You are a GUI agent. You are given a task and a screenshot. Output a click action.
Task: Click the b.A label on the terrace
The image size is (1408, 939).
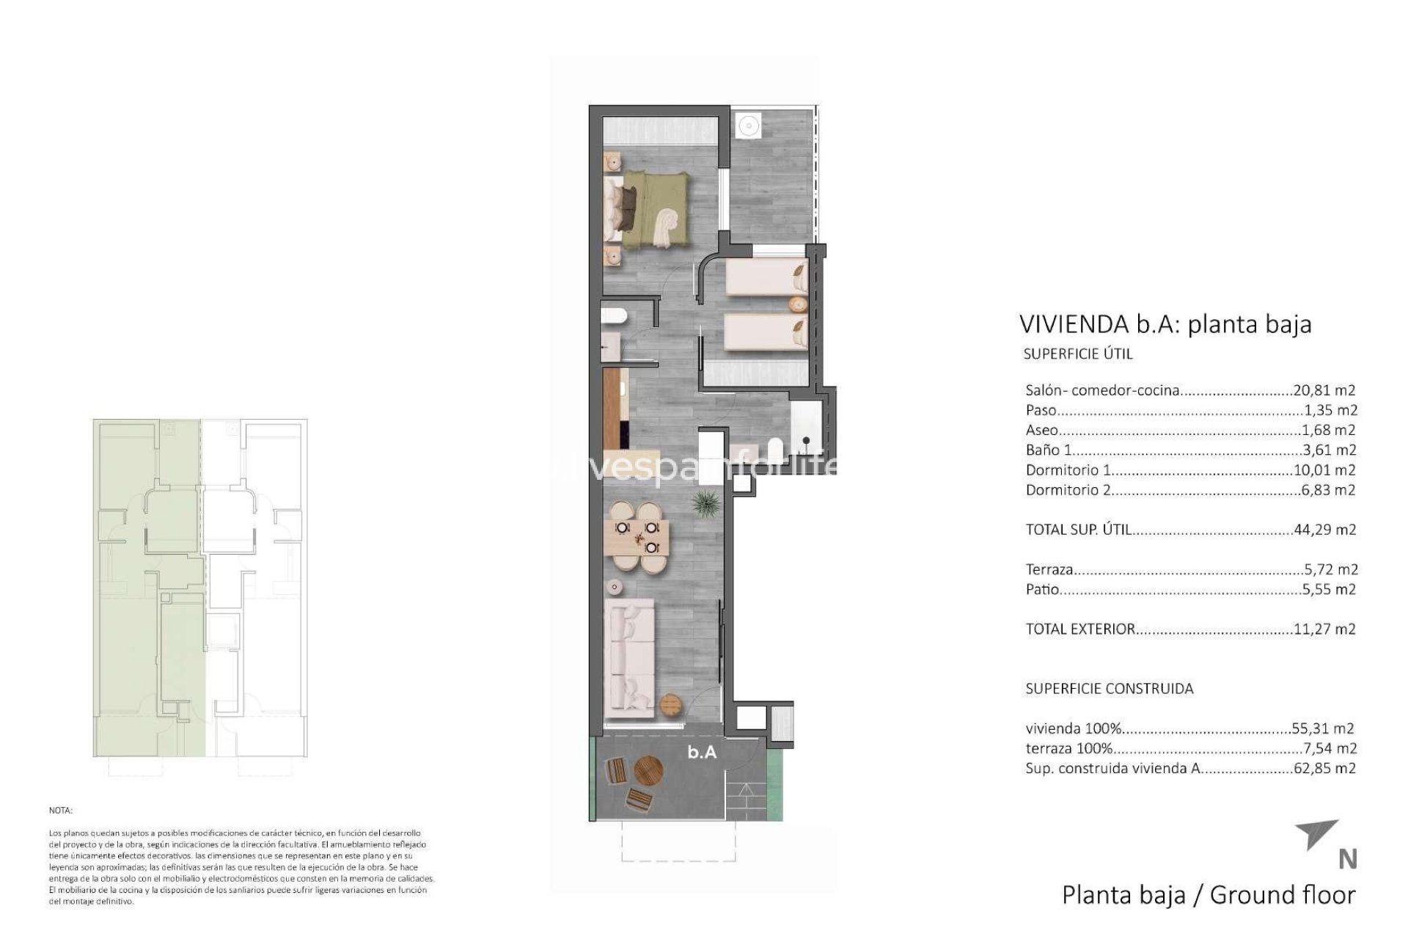702,752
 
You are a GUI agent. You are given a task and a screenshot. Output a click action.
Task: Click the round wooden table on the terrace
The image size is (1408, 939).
648,770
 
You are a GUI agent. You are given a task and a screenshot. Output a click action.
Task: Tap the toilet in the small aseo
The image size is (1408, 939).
613,316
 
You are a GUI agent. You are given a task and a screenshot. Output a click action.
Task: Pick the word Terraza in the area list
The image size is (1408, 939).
1049,569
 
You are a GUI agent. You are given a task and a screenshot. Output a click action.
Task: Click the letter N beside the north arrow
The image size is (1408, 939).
1347,859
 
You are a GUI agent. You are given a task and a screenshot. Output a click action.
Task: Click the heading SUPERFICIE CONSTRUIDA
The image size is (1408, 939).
1109,689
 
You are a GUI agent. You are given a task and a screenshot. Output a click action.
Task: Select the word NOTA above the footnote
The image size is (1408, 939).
61,811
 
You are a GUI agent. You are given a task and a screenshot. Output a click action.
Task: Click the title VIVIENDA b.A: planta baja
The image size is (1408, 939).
1165,324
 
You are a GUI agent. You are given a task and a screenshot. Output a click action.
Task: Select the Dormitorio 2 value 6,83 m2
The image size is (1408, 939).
1327,490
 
